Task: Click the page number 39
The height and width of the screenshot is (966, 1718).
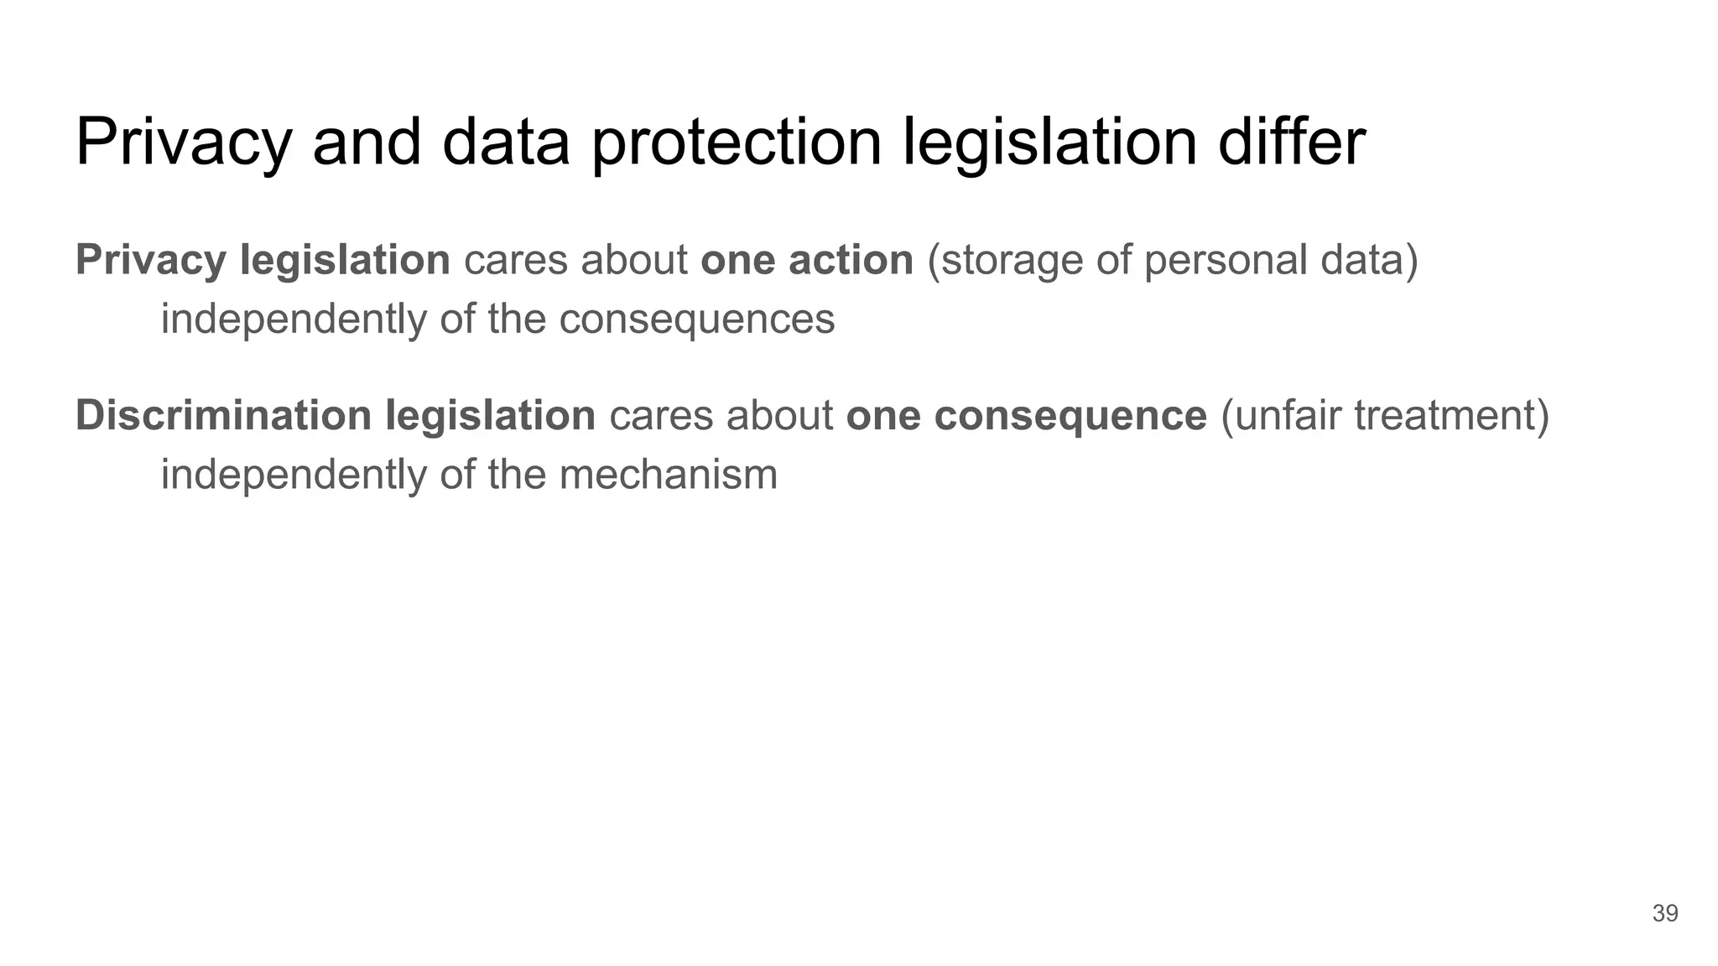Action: (x=1664, y=913)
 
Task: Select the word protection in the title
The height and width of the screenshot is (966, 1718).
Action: (x=736, y=142)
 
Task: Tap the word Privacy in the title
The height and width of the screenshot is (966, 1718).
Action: (x=184, y=142)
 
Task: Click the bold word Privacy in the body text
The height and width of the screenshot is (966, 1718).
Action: (x=151, y=260)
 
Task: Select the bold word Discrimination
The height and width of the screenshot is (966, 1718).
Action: (x=223, y=416)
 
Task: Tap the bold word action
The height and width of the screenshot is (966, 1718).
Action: (x=851, y=260)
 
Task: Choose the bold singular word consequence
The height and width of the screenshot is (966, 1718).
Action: (x=1070, y=416)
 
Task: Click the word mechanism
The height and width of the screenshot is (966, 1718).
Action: (x=668, y=475)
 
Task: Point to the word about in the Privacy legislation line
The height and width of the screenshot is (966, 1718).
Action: (x=634, y=260)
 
